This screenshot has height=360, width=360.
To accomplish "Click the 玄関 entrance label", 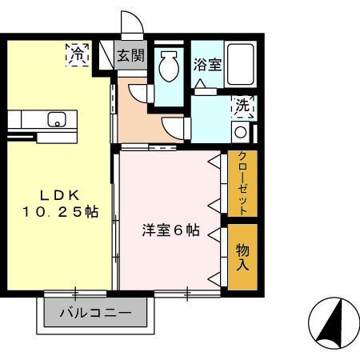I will click(130, 56).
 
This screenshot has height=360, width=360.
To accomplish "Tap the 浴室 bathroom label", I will click(208, 65).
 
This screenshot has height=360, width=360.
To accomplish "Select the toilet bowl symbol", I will click(169, 67).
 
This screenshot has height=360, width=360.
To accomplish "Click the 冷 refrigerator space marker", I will click(77, 55).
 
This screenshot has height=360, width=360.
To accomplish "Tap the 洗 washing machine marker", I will click(242, 105).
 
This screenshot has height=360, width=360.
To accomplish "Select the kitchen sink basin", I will click(57, 121).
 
